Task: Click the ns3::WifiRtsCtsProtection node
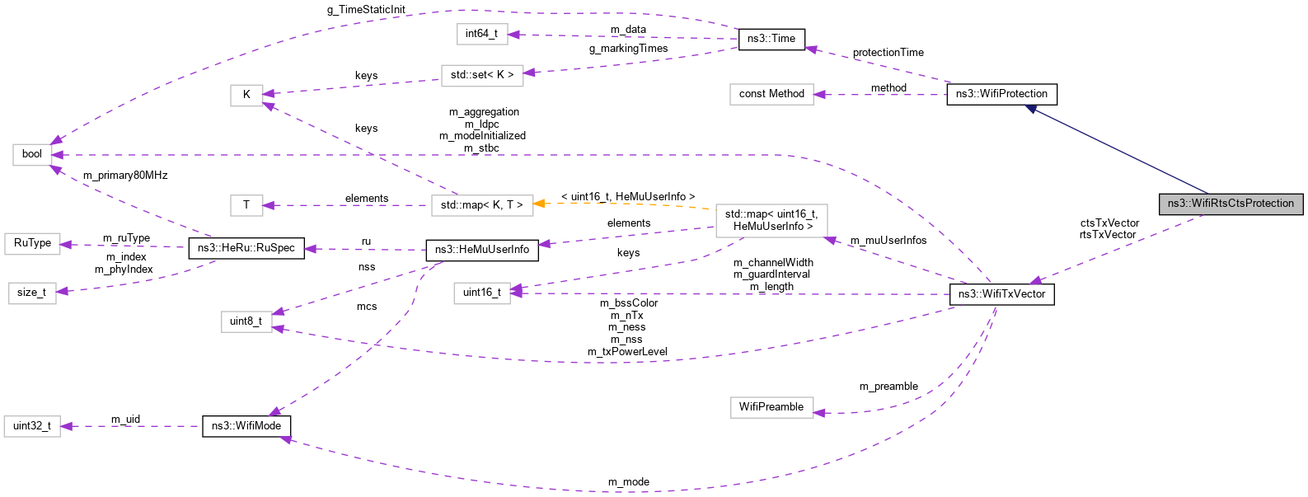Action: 1231,204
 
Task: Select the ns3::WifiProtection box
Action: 1001,94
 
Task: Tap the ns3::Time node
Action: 771,39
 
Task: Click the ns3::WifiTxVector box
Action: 1001,294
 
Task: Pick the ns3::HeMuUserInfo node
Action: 481,250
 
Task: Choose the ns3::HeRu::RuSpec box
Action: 246,248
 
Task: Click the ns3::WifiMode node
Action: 246,426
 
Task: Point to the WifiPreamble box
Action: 771,407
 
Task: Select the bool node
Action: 32,154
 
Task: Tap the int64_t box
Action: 481,34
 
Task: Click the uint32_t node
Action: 32,426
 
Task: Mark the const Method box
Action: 771,94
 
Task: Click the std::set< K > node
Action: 481,75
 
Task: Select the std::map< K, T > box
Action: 481,205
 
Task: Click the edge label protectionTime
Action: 888,53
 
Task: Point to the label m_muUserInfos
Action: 888,241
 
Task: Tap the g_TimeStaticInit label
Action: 366,10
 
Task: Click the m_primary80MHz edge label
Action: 125,176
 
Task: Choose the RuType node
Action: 32,243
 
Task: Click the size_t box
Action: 32,293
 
